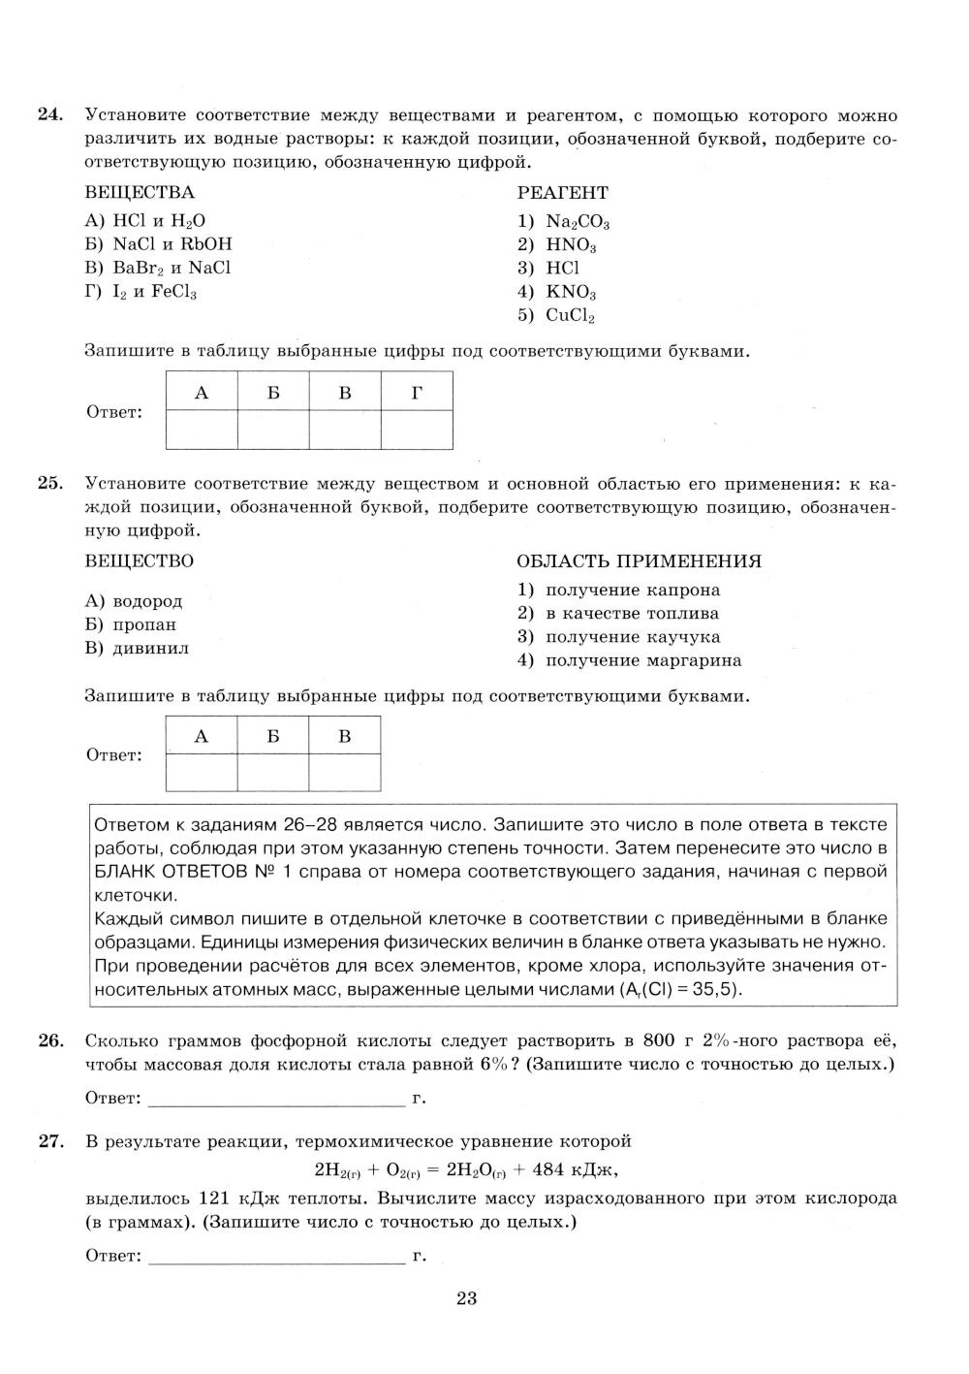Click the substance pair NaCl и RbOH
(159, 244)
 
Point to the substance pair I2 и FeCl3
(141, 292)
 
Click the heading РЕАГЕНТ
(563, 193)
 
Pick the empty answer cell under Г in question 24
(417, 430)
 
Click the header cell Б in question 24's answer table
(273, 392)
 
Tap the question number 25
(49, 483)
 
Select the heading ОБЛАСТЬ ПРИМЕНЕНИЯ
(640, 561)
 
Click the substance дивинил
(138, 649)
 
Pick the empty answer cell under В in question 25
(344, 773)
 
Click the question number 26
(49, 1041)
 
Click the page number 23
(466, 1299)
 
